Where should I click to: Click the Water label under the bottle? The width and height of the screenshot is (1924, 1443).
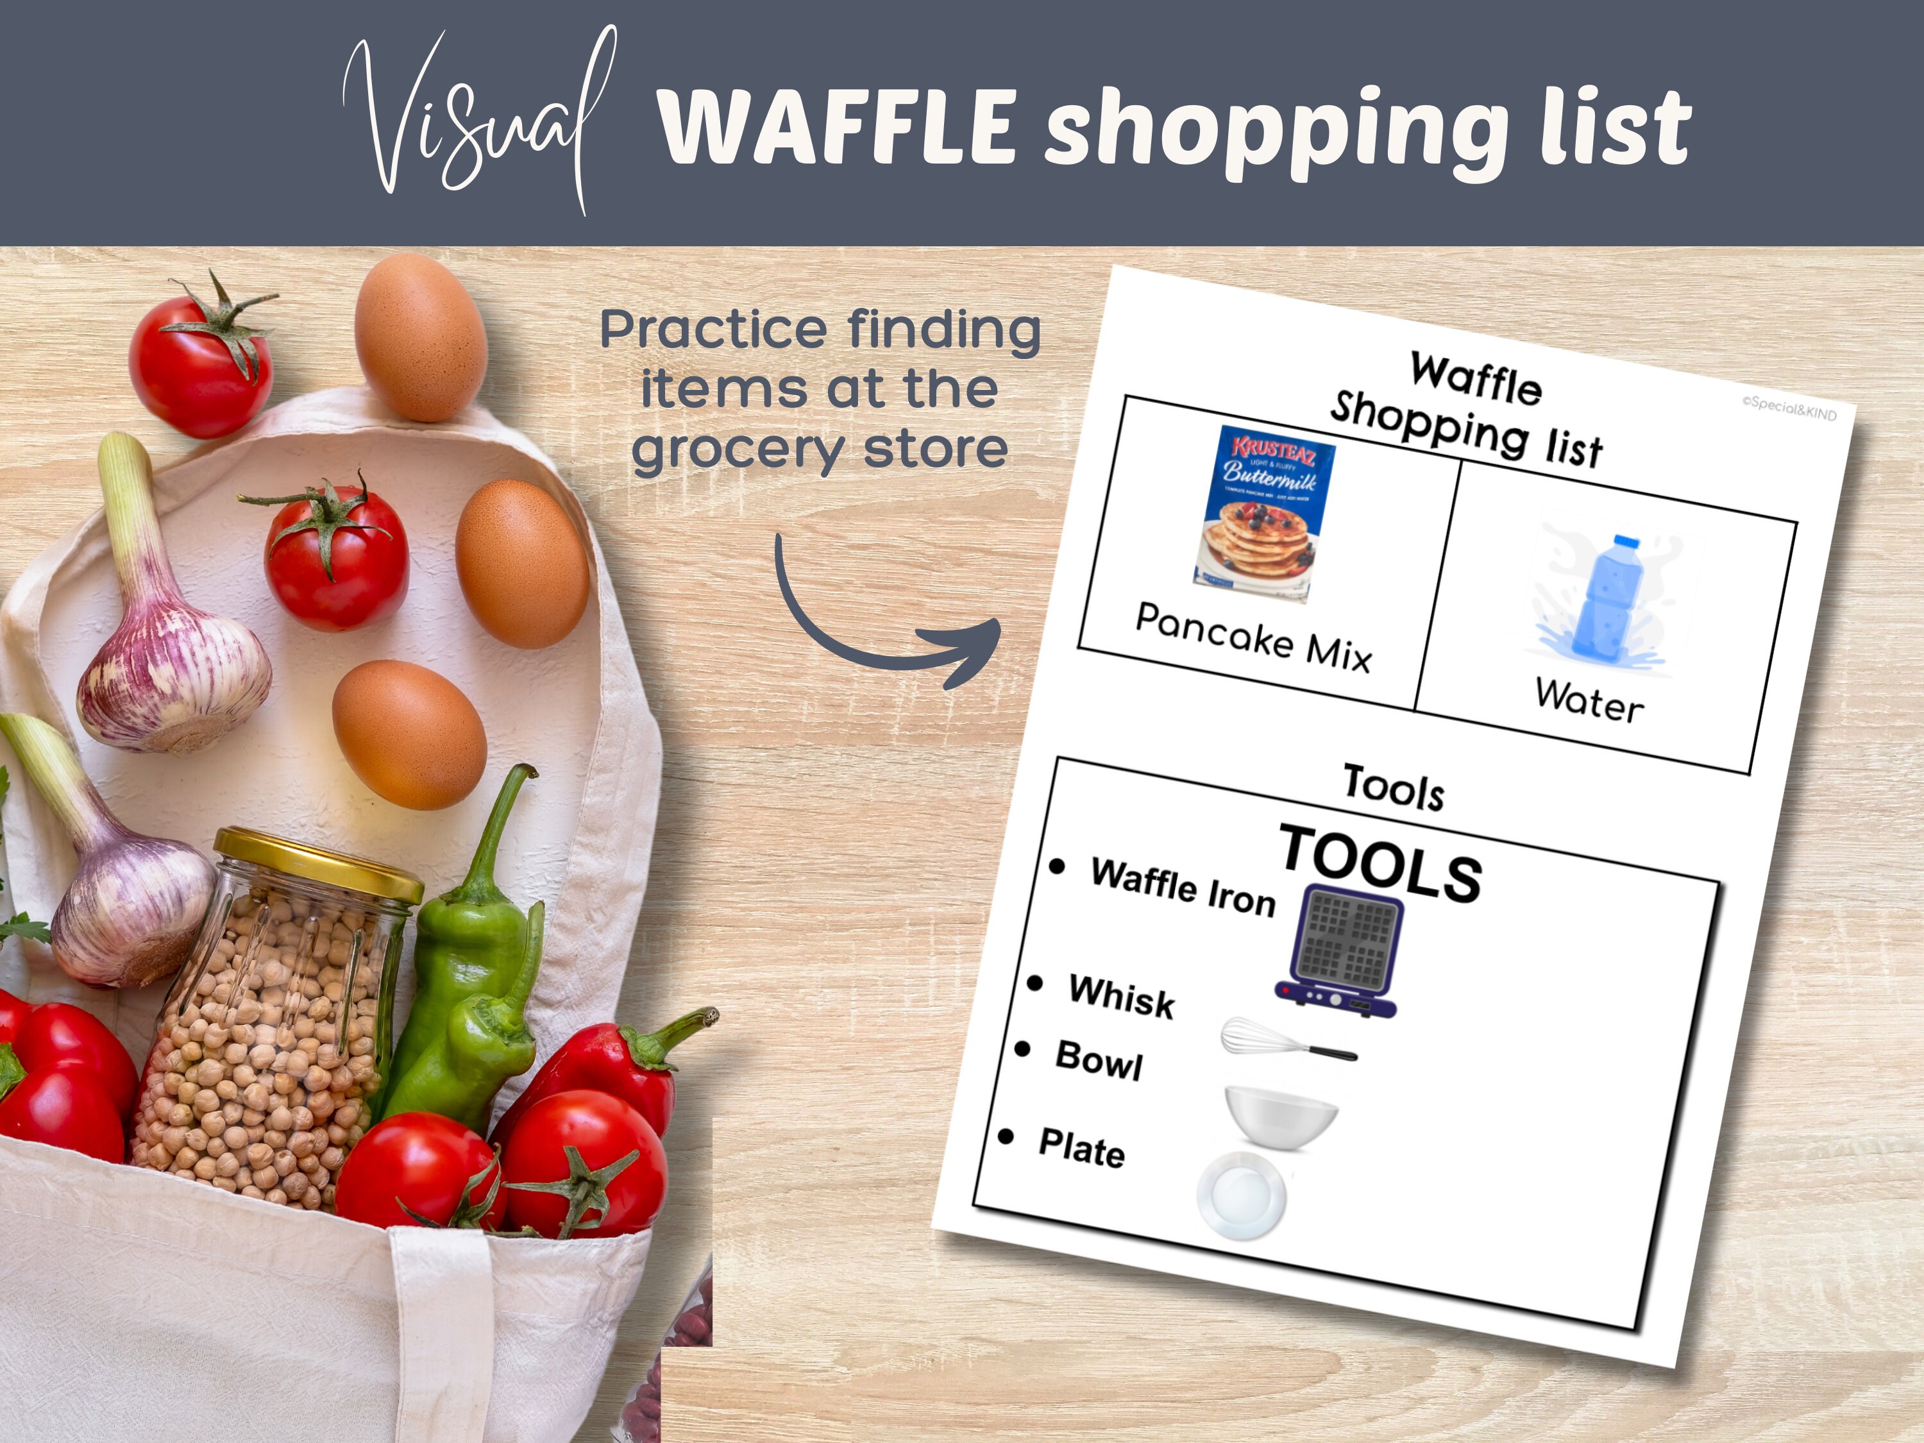pos(1589,700)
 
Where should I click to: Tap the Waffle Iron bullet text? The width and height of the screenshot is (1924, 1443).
pos(1183,887)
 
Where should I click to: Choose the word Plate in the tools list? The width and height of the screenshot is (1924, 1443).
pos(1081,1148)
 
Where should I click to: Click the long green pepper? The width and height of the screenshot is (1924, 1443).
pos(469,957)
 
